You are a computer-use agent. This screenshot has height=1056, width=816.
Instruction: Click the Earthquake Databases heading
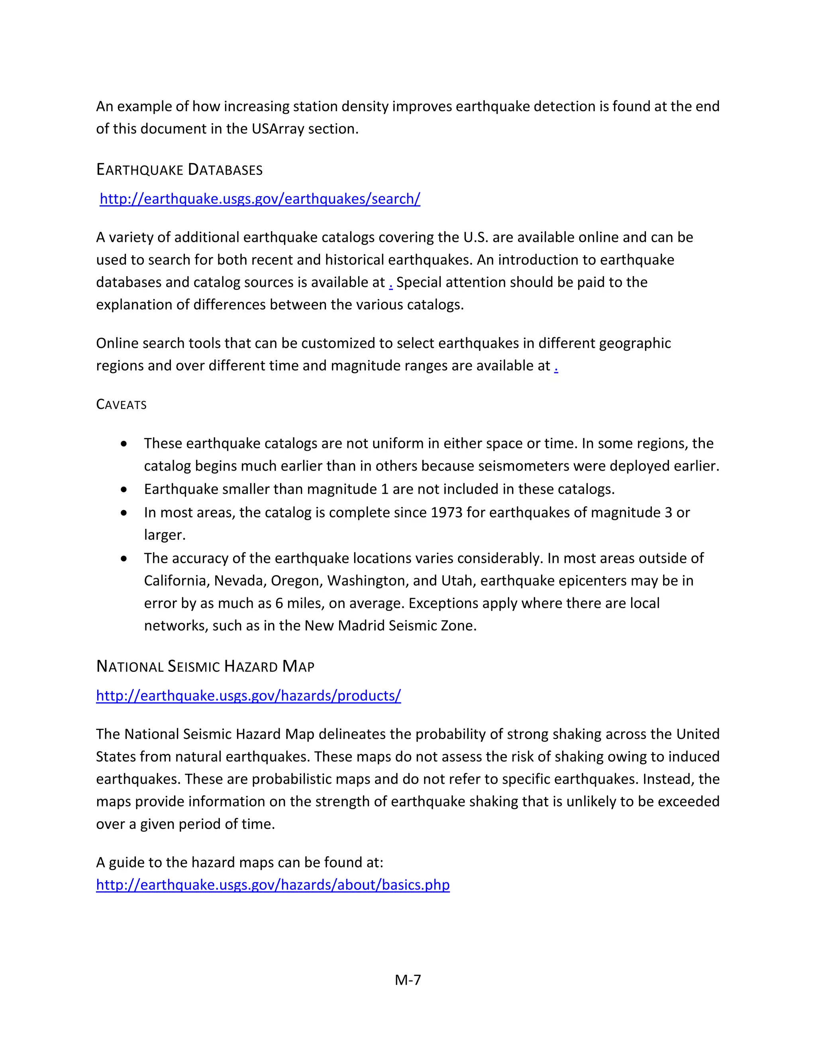tap(179, 170)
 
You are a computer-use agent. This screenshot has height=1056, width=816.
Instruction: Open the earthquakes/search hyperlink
tap(260, 199)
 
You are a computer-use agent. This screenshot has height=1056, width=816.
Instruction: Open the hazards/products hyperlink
tap(249, 695)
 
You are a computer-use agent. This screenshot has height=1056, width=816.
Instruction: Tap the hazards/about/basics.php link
tap(273, 884)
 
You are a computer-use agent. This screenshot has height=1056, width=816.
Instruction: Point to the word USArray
tap(277, 129)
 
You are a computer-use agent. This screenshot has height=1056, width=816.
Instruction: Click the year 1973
tap(447, 512)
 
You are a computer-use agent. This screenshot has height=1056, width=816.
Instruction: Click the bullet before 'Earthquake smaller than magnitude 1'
tap(124, 489)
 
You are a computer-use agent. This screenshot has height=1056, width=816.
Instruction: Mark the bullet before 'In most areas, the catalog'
tap(124, 512)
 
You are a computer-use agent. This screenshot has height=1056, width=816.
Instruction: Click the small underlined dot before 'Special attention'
tap(390, 283)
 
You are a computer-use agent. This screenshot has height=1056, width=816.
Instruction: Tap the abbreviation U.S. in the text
tap(476, 237)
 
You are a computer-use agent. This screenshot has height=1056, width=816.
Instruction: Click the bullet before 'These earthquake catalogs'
tap(124, 444)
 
